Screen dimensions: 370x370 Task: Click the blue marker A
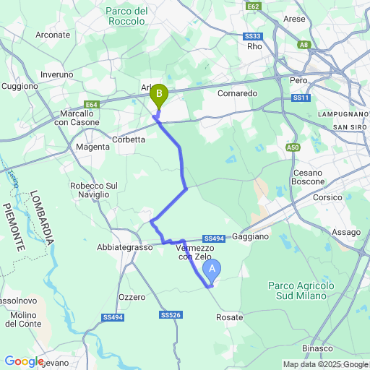click(212, 270)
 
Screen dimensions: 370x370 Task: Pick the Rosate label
click(230, 317)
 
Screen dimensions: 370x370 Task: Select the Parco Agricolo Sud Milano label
click(301, 291)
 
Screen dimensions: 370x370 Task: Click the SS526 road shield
click(171, 315)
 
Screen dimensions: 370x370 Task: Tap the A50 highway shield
click(293, 147)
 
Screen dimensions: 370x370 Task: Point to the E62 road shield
click(253, 7)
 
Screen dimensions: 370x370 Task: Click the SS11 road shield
click(301, 98)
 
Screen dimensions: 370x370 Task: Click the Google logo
click(24, 361)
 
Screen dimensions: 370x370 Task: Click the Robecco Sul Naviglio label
click(93, 190)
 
